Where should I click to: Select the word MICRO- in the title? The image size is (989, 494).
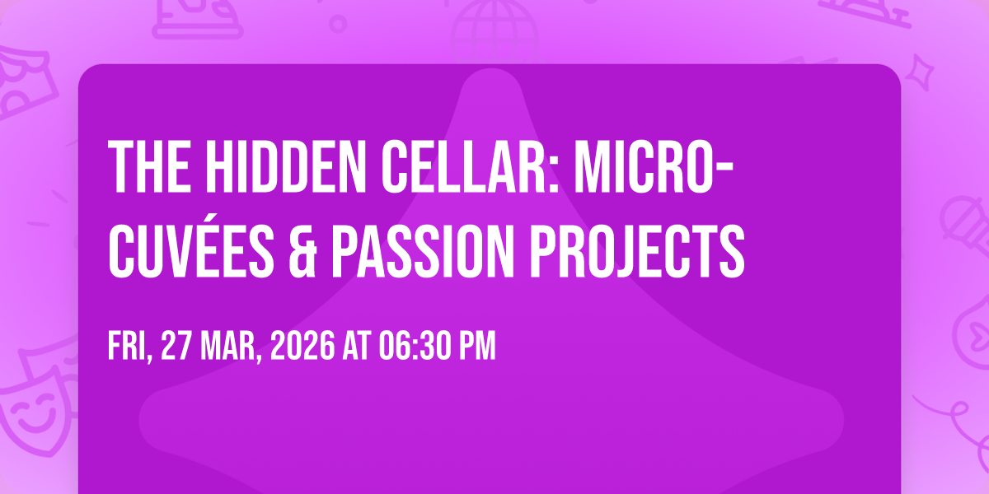(x=654, y=166)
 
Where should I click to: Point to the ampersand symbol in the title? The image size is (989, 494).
(x=302, y=251)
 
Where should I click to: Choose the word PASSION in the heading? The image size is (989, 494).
(x=423, y=251)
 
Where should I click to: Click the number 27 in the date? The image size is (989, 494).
(x=176, y=347)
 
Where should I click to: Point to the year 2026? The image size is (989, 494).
(x=303, y=347)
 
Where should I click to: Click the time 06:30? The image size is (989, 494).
(x=415, y=347)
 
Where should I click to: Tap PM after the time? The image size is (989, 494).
(x=478, y=347)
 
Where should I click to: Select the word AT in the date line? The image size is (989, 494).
(x=357, y=347)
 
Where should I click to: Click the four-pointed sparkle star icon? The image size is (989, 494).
(x=920, y=72)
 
